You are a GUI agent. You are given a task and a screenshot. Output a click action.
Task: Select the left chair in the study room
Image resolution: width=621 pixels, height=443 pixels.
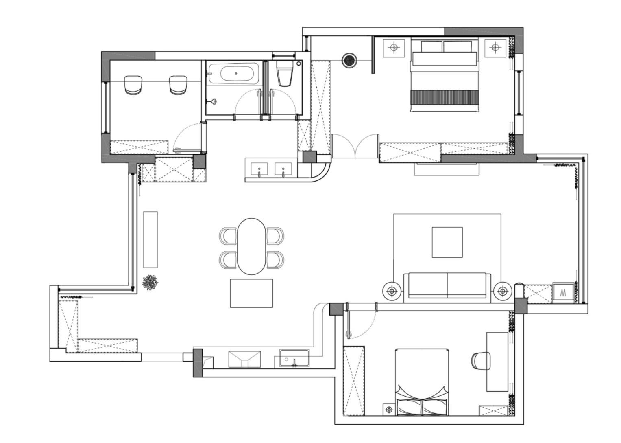pyautogui.click(x=133, y=85)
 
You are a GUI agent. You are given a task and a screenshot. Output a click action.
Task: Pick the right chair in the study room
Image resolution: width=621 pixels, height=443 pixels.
pyautogui.click(x=178, y=85)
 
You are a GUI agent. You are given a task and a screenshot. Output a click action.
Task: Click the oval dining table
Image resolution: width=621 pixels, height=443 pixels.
pyautogui.click(x=251, y=246)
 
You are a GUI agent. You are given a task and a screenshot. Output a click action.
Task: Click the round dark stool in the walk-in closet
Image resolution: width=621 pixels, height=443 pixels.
pyautogui.click(x=349, y=60)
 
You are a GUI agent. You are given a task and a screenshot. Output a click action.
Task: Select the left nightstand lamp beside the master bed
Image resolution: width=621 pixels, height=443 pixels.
pyautogui.click(x=394, y=48)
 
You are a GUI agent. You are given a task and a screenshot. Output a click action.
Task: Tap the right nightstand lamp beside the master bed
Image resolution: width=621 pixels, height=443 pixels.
pyautogui.click(x=495, y=48)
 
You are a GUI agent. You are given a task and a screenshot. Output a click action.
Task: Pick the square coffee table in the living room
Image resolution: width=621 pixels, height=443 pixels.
pyautogui.click(x=447, y=242)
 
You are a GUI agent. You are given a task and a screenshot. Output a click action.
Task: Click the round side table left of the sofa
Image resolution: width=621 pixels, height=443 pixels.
pyautogui.click(x=392, y=291)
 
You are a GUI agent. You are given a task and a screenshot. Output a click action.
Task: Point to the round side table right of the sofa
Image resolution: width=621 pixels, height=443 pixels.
pyautogui.click(x=503, y=291)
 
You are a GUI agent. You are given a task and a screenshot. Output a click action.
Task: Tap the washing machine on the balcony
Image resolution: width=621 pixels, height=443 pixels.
pyautogui.click(x=563, y=292)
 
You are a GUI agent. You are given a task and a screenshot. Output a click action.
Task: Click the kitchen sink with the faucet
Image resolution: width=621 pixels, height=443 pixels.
pyautogui.click(x=294, y=358)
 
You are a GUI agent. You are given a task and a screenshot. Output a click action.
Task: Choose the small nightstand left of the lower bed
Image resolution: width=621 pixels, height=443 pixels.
pyautogui.click(x=389, y=409)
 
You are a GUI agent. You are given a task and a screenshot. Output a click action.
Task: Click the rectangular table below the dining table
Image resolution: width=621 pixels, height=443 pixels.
pyautogui.click(x=251, y=293)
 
